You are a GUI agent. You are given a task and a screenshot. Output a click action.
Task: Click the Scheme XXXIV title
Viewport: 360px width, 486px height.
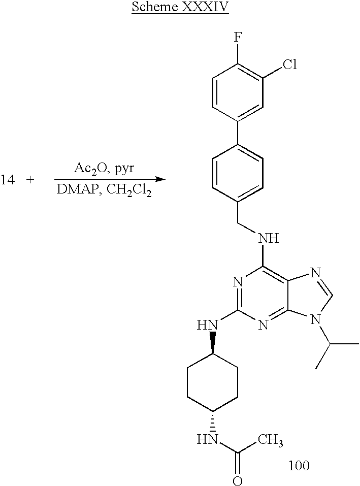pyautogui.click(x=180, y=9)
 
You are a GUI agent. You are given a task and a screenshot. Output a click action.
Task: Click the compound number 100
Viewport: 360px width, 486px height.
pyautogui.click(x=299, y=465)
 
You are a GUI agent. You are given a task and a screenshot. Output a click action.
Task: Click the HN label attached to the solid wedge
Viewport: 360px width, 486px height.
pyautogui.click(x=208, y=323)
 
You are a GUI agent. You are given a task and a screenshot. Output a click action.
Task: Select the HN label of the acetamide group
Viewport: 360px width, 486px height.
pyautogui.click(x=208, y=438)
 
